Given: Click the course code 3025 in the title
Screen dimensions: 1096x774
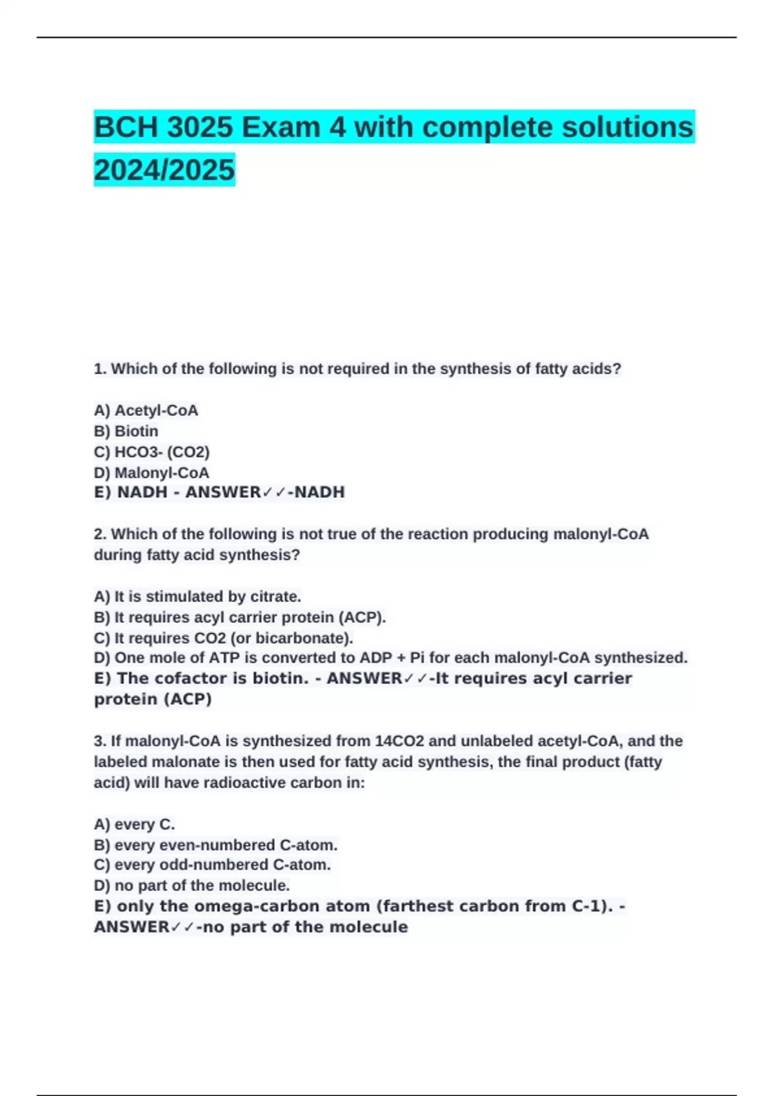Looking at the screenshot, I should (200, 127).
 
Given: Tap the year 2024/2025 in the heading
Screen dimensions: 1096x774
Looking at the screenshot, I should (164, 170).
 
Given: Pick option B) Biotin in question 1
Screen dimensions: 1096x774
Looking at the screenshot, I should (126, 431).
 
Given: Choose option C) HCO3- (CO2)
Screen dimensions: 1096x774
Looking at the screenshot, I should (152, 452).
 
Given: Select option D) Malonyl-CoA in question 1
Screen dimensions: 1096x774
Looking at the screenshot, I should (152, 473).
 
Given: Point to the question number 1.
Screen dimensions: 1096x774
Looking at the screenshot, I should (99, 369).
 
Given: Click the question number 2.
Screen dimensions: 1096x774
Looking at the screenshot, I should (99, 534).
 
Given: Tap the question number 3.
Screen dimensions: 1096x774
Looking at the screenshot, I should (99, 741).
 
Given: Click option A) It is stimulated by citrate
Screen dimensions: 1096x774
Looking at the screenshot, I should (197, 596).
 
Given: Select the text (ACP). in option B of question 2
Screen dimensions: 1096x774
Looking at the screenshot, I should (362, 617).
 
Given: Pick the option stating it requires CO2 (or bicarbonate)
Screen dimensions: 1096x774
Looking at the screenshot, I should (223, 638).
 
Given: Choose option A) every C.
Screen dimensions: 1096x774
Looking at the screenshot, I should (134, 824).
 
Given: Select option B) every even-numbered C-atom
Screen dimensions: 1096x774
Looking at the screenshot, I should (215, 845).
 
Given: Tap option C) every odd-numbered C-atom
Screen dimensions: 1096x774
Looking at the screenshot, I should (212, 865).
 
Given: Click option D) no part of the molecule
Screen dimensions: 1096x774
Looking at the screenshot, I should (192, 885).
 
